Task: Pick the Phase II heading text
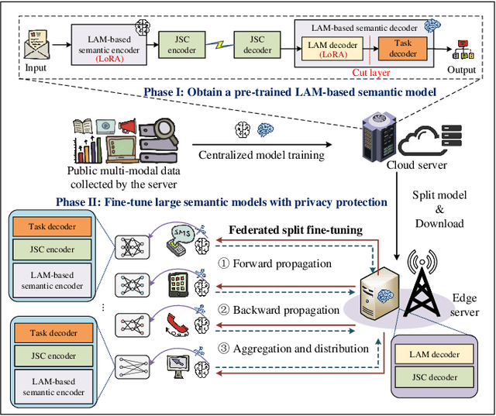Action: [x=222, y=201]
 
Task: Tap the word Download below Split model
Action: [x=439, y=223]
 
